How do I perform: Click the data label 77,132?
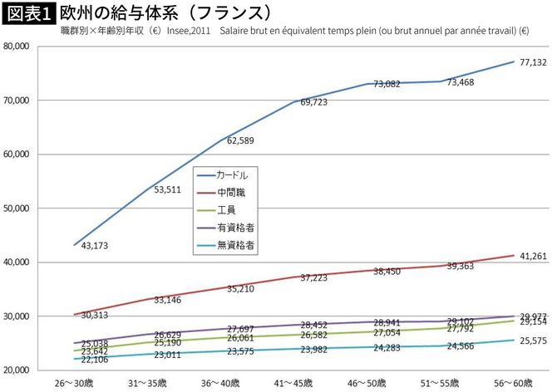[x=532, y=63]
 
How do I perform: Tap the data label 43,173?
[x=96, y=246]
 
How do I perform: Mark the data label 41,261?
[x=532, y=257]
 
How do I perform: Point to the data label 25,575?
[x=532, y=341]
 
